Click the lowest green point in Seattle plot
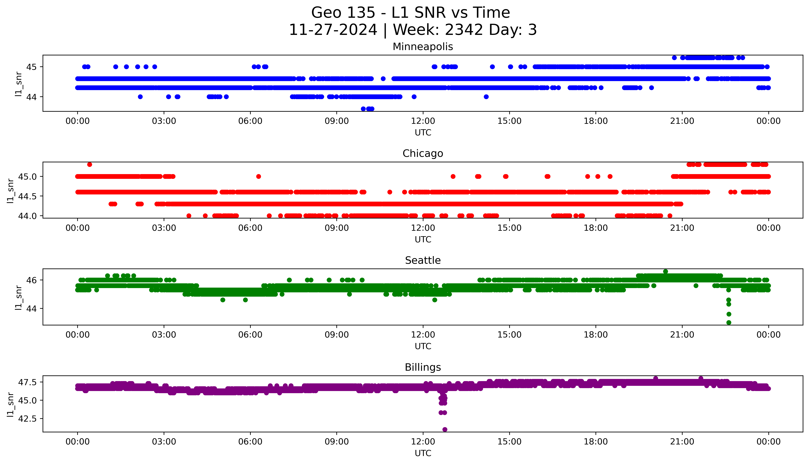729,322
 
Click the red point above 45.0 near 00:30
90,164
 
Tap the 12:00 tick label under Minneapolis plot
423,121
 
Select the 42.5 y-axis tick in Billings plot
27,418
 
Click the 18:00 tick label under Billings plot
596,442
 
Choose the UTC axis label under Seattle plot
423,346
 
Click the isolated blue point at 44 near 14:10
486,97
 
